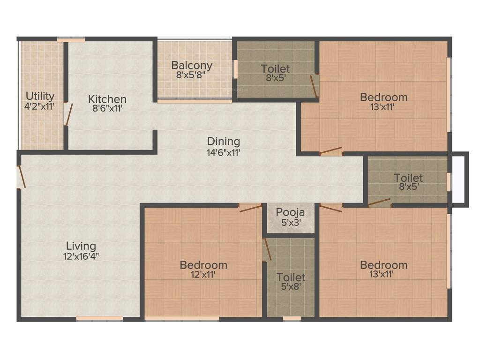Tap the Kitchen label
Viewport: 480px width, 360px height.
pos(107,99)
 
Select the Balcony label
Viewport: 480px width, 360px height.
pos(192,65)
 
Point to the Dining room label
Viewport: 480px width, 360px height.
pos(224,141)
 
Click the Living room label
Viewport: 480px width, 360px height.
pos(81,246)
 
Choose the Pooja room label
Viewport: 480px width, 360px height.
pos(290,211)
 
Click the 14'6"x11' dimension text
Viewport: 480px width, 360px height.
pos(224,152)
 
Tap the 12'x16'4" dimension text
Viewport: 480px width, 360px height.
pos(81,256)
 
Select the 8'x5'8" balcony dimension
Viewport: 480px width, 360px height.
pos(192,75)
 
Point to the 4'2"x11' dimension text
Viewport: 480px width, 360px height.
pos(40,106)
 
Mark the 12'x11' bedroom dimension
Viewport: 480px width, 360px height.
pos(203,275)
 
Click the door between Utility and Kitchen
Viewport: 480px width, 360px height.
pos(68,114)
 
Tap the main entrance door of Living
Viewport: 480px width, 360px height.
pos(20,177)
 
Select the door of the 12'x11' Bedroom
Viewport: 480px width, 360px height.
pos(250,208)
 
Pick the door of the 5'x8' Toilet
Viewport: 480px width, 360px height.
pos(267,249)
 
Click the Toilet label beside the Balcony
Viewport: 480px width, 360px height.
pos(275,69)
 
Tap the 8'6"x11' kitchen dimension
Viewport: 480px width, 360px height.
pos(107,109)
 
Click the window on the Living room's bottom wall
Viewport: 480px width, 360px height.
pos(99,319)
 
